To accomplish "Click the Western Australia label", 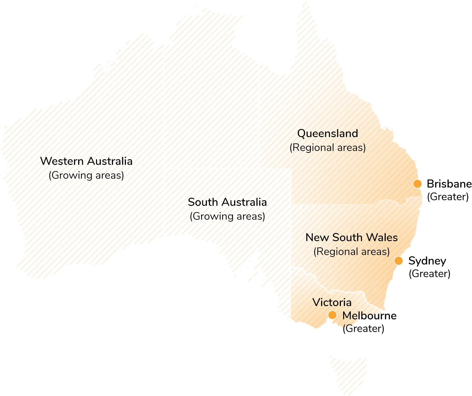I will pyautogui.click(x=86, y=161).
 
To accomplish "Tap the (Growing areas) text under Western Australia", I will pyautogui.click(x=86, y=175).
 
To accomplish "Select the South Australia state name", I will pyautogui.click(x=227, y=202).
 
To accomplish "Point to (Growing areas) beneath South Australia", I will pyautogui.click(x=227, y=216).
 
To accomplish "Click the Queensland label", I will pyautogui.click(x=328, y=133).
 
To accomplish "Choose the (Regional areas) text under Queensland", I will pyautogui.click(x=328, y=148).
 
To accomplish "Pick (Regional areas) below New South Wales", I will pyautogui.click(x=352, y=252).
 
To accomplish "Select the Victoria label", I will pyautogui.click(x=332, y=302).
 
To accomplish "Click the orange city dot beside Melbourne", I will pyautogui.click(x=332, y=315).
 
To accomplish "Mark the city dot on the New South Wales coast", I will pyautogui.click(x=399, y=261).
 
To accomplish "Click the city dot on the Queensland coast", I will pyautogui.click(x=417, y=184).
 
